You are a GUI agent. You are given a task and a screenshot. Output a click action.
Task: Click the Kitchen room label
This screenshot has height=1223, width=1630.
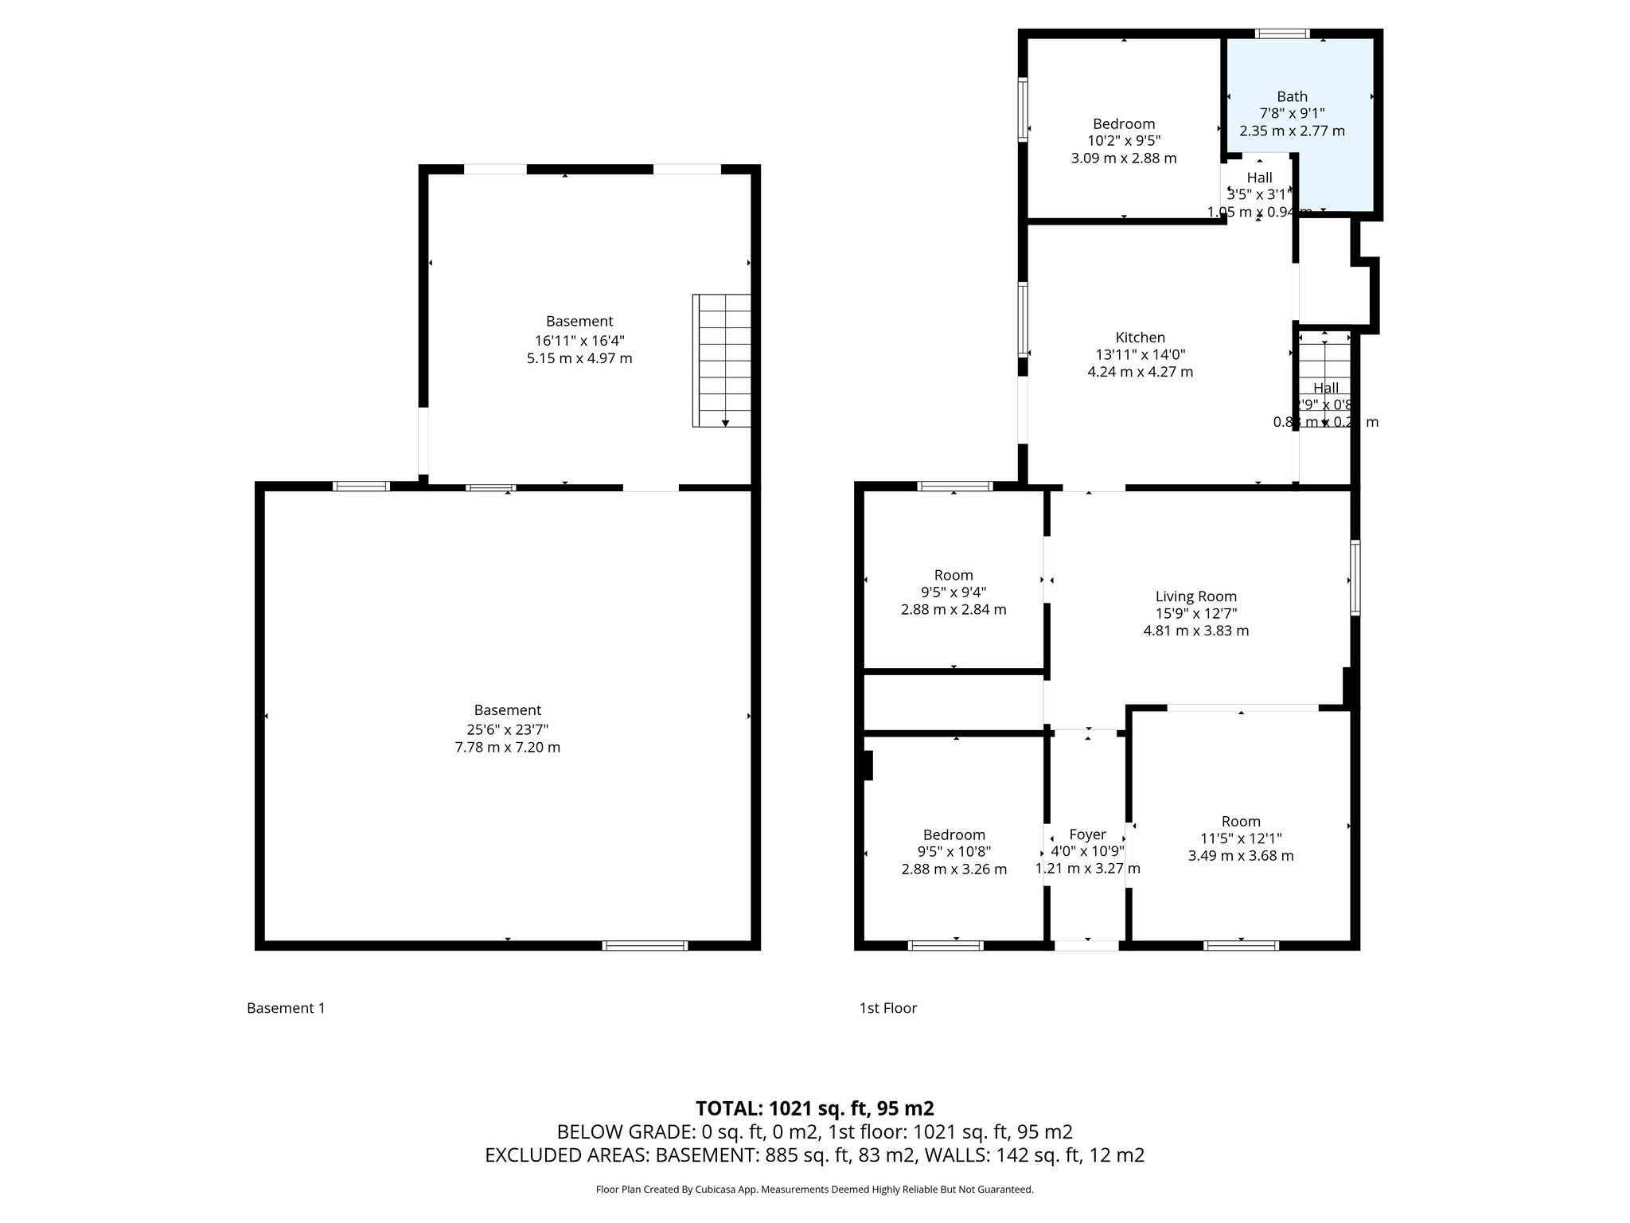pyautogui.click(x=1140, y=338)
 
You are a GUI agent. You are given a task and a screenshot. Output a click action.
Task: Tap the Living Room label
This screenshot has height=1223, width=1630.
pyautogui.click(x=1195, y=596)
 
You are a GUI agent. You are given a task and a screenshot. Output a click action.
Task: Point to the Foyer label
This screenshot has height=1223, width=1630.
pyautogui.click(x=1087, y=834)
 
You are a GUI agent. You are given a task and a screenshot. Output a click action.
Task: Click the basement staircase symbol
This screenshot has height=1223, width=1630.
pyautogui.click(x=723, y=360)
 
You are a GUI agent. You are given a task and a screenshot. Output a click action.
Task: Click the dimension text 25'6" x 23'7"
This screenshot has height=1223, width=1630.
pyautogui.click(x=507, y=729)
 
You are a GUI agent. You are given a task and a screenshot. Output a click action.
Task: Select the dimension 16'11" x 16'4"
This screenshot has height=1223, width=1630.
pyautogui.click(x=579, y=340)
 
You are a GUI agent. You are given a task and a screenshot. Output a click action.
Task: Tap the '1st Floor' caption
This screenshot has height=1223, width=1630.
pyautogui.click(x=887, y=1008)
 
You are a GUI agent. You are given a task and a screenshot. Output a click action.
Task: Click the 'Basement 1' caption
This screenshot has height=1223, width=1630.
pyautogui.click(x=286, y=1008)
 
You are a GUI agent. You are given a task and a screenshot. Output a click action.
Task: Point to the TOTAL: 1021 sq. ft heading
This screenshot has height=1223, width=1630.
pyautogui.click(x=814, y=1108)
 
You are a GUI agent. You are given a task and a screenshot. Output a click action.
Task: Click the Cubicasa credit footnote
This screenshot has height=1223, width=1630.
pyautogui.click(x=814, y=1190)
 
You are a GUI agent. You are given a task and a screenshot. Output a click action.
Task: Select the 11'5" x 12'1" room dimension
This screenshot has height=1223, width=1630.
pyautogui.click(x=1241, y=838)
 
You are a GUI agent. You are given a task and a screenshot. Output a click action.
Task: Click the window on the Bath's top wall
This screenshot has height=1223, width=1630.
pyautogui.click(x=1282, y=33)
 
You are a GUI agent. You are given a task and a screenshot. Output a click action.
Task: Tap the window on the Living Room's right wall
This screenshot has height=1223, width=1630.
pyautogui.click(x=1355, y=577)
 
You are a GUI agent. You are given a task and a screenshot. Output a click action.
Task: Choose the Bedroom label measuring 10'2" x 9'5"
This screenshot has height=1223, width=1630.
pyautogui.click(x=1123, y=124)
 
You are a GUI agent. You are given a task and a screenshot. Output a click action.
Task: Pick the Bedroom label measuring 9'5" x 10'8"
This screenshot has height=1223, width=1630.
pyautogui.click(x=953, y=834)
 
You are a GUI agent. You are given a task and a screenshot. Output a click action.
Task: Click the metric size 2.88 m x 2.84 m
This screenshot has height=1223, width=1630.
pyautogui.click(x=953, y=610)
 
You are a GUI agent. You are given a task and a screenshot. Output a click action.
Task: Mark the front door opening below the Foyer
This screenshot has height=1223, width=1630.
pyautogui.click(x=1086, y=945)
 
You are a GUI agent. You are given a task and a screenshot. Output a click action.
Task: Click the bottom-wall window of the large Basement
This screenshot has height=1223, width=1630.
pyautogui.click(x=645, y=945)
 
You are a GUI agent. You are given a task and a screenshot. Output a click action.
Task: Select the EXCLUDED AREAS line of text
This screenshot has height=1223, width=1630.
pyautogui.click(x=814, y=1155)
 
